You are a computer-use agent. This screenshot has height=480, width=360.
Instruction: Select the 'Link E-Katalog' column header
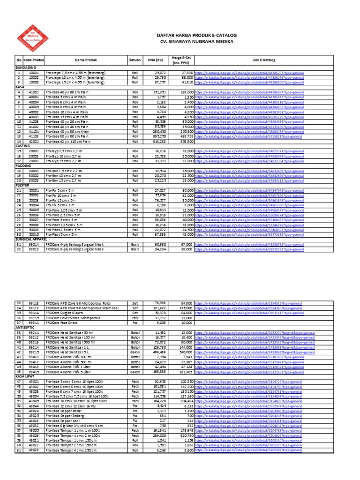point(263,60)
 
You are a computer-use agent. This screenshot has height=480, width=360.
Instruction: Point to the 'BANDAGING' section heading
point(27,67)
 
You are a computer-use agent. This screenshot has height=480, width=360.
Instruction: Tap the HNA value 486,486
point(158,353)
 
